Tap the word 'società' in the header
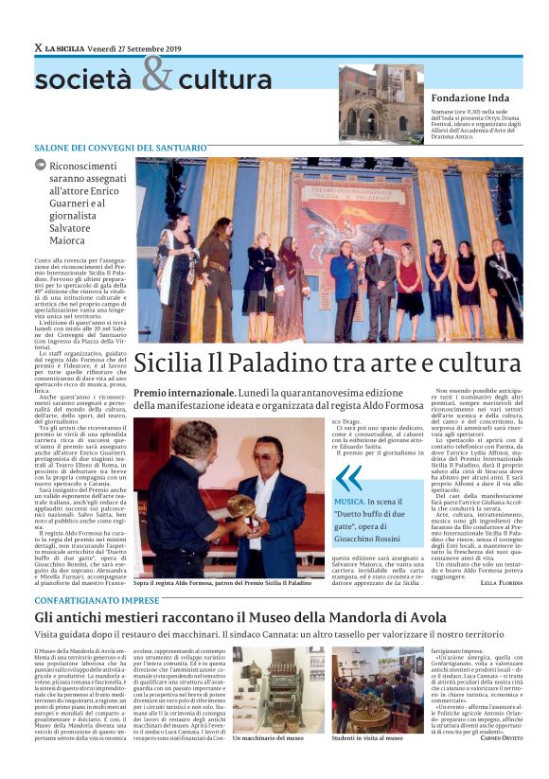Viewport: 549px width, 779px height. click(85, 80)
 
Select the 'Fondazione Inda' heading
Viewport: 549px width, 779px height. click(469, 98)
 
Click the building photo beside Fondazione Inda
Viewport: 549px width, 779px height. click(381, 103)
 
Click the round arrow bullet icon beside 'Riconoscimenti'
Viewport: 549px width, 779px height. click(41, 165)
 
